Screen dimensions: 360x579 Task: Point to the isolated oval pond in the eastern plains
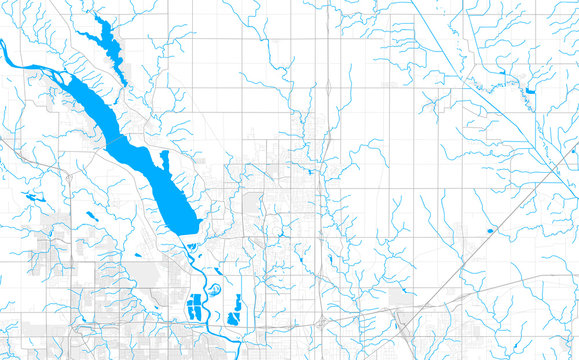[x=489, y=232]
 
